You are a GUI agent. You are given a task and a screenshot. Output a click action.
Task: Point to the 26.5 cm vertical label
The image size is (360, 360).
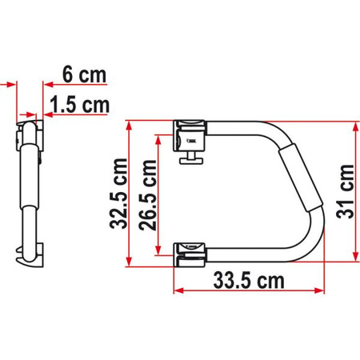coord(148,193)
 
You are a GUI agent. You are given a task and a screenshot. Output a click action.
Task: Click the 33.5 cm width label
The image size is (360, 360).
coord(247,282)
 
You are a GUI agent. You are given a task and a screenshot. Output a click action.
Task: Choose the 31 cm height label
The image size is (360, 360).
coord(346,193)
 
